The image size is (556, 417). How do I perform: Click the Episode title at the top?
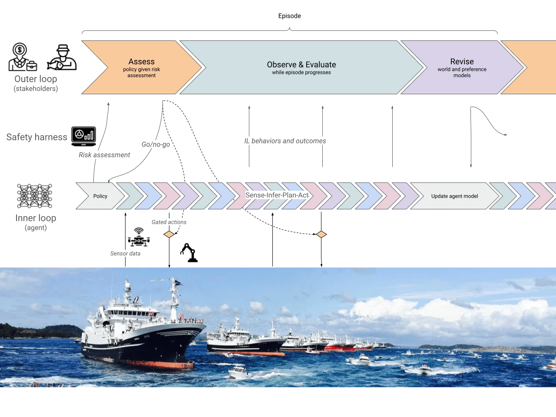point(289,16)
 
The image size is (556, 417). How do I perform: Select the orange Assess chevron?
point(142,68)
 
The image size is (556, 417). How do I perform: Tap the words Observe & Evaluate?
point(301,65)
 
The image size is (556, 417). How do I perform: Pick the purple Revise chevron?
point(462,68)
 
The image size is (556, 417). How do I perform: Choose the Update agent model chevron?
point(454,196)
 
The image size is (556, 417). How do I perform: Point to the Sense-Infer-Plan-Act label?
point(277,195)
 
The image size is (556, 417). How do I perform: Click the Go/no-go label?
point(156,144)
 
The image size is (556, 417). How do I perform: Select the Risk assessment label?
point(104,155)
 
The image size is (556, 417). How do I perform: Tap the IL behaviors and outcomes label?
point(285,141)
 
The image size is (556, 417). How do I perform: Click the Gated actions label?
point(169,222)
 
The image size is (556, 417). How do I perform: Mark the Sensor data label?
point(125,253)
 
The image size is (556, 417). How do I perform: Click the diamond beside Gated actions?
point(169,235)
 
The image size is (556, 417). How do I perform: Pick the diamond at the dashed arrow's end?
point(321,235)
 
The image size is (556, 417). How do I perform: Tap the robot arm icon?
point(189,252)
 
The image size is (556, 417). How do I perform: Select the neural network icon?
point(35,196)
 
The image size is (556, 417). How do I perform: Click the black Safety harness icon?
point(84,136)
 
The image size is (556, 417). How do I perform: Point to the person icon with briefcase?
point(22,57)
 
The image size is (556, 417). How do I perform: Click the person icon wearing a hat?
point(62,57)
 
